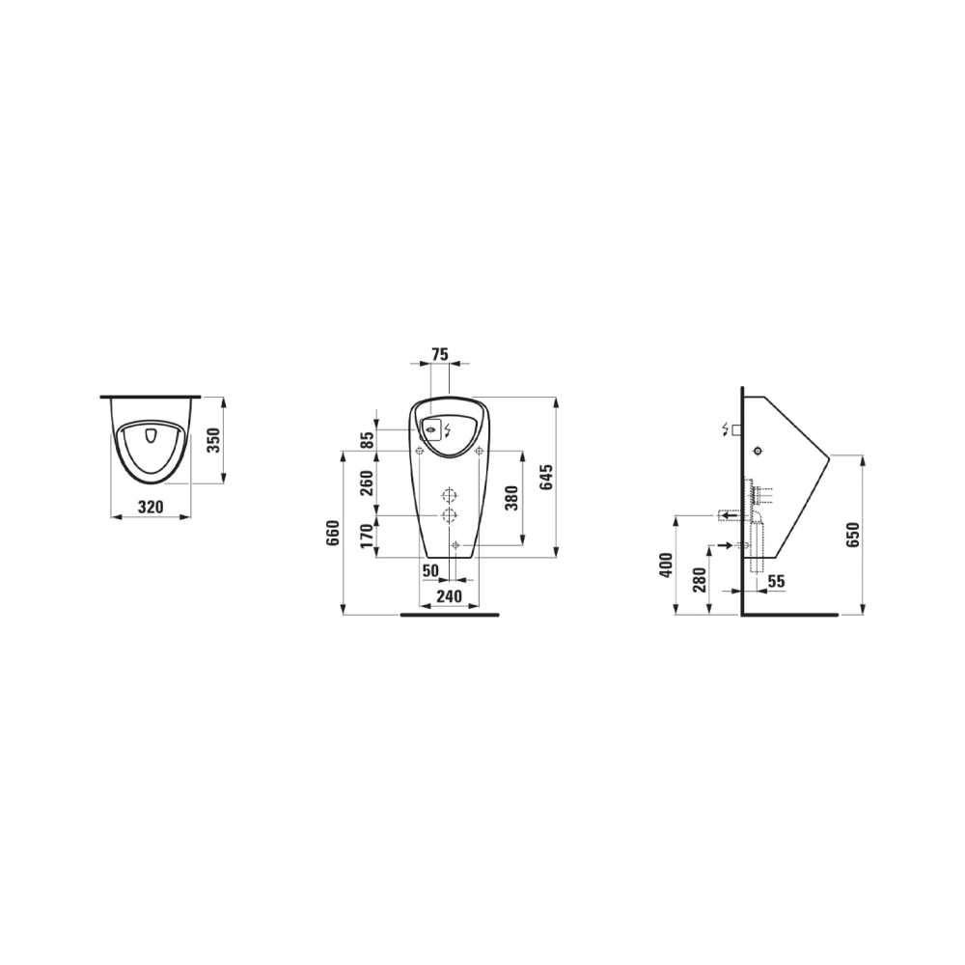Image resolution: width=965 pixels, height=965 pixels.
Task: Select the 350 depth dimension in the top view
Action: point(213,439)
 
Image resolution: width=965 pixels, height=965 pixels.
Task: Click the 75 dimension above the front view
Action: point(439,354)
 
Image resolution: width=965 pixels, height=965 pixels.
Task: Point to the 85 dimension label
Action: point(367,439)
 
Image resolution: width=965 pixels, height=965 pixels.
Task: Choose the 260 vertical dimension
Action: point(367,483)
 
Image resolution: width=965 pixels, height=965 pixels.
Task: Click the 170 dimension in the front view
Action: point(367,536)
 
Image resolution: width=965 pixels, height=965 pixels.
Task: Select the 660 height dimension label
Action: point(333,533)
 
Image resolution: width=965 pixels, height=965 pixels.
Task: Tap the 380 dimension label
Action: point(512,498)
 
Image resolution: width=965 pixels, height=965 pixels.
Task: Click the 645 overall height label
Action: point(546,477)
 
